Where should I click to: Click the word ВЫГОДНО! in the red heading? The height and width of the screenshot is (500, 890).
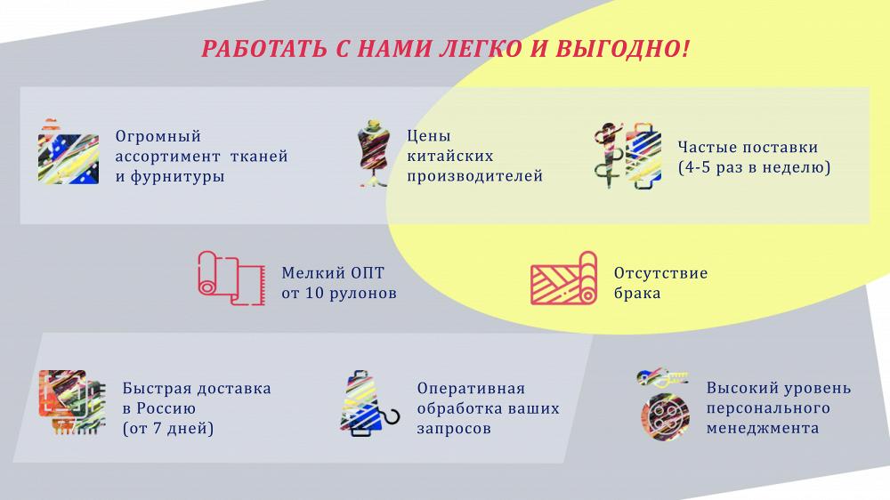coord(623,49)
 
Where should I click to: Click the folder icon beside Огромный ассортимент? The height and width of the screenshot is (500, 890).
coord(69,152)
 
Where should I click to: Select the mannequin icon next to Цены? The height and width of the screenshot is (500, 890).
coord(373,153)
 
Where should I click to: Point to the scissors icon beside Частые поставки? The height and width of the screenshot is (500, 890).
coord(607,155)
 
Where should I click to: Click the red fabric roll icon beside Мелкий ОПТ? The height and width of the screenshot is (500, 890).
coord(231,278)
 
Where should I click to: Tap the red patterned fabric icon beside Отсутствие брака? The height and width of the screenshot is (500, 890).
coord(563,278)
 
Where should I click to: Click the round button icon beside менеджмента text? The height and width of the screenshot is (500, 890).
coord(665,416)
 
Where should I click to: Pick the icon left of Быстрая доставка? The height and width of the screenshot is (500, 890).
coord(72,402)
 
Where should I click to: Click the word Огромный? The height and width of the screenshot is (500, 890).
coord(158,137)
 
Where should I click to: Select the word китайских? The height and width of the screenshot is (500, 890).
coord(450,156)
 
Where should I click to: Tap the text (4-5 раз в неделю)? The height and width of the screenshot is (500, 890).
coord(755,167)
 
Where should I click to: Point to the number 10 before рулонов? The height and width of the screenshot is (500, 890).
coord(315,294)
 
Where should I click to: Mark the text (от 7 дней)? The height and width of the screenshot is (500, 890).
coord(168,429)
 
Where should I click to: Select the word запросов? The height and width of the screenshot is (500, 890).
coord(454,429)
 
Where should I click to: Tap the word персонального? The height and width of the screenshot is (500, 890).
coord(768,408)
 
